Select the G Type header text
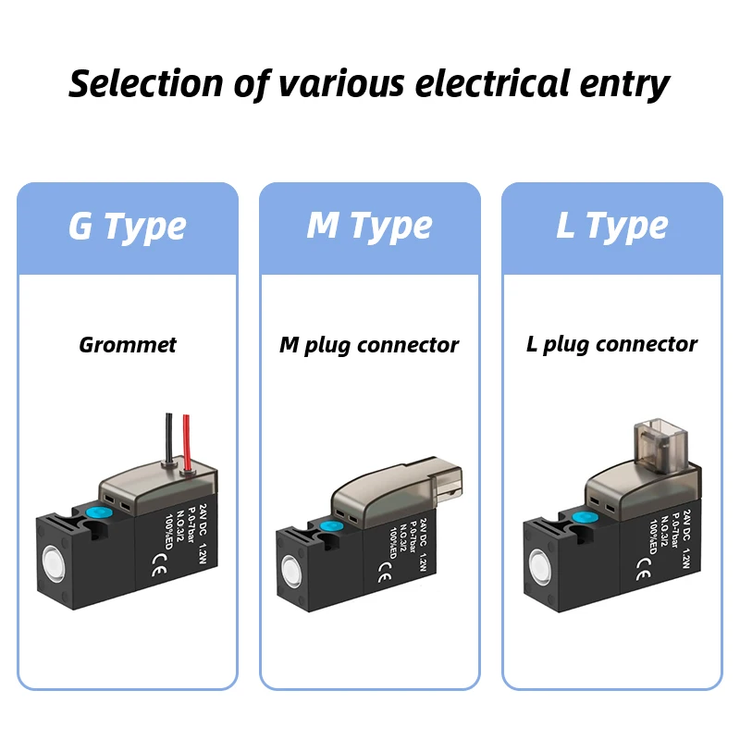click(128, 227)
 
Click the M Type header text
click(369, 227)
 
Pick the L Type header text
click(611, 227)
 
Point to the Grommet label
click(128, 345)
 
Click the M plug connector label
click(369, 345)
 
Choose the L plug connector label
click(611, 345)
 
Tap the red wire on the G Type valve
click(187, 439)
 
